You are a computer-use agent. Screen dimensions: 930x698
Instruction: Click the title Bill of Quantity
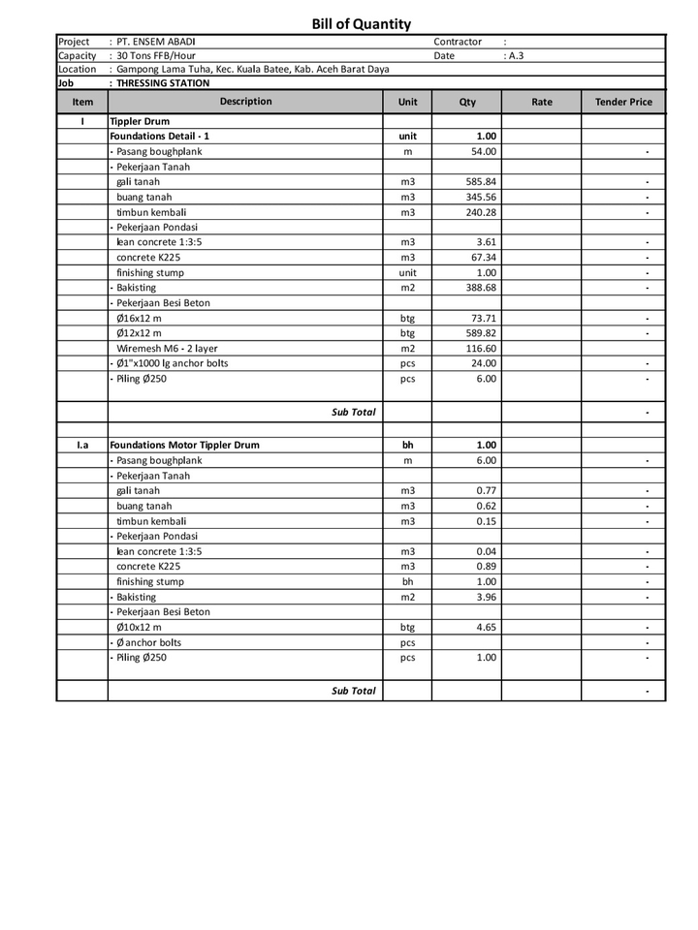click(x=361, y=24)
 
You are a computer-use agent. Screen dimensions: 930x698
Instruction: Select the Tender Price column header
click(x=623, y=102)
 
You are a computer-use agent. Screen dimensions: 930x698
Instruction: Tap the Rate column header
click(x=541, y=102)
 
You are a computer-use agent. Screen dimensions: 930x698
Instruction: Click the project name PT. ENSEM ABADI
click(x=156, y=42)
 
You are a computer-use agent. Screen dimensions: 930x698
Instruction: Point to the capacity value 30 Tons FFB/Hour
click(x=156, y=55)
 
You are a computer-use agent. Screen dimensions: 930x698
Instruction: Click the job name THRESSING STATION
click(x=162, y=83)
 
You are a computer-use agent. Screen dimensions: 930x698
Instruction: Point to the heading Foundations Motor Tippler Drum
click(x=184, y=446)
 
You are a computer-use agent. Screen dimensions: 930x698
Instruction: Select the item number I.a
click(x=82, y=446)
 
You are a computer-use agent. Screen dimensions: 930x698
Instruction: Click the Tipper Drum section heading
click(x=140, y=122)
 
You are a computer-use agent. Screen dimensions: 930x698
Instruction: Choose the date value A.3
click(x=515, y=56)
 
